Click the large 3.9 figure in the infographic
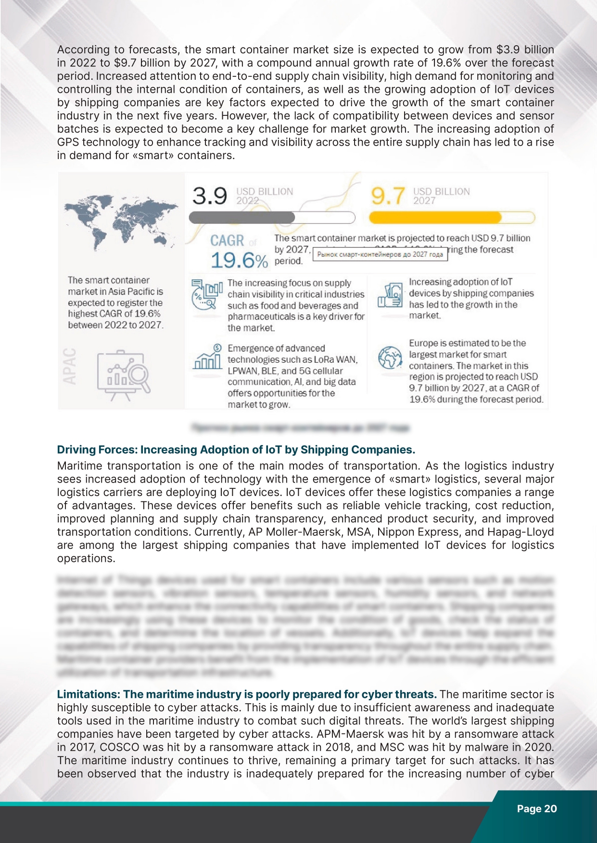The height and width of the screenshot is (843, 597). click(210, 196)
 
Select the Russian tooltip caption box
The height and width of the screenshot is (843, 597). click(380, 254)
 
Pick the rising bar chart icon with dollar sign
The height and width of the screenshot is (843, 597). click(207, 357)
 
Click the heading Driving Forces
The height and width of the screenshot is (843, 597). click(236, 450)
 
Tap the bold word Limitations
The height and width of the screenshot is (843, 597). click(88, 694)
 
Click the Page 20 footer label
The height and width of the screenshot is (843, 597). click(537, 808)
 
